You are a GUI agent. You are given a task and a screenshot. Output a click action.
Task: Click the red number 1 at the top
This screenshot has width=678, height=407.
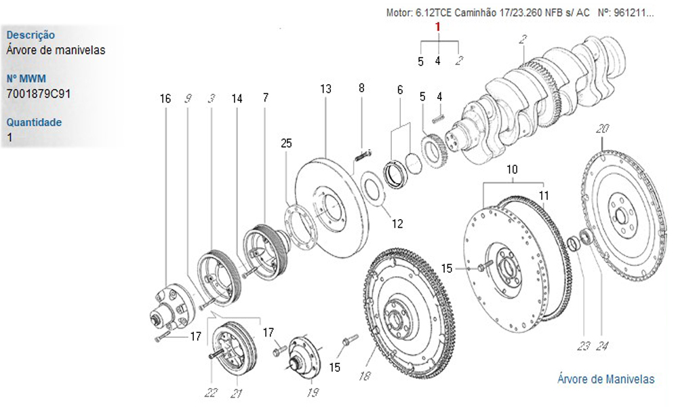(437, 27)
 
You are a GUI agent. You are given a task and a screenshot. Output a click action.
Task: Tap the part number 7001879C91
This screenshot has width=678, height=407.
(39, 94)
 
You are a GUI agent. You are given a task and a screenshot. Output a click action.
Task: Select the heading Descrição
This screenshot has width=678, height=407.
(31, 35)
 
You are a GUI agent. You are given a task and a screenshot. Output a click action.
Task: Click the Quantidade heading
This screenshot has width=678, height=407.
(34, 122)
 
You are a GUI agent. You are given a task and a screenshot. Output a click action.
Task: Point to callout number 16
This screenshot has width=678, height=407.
(165, 98)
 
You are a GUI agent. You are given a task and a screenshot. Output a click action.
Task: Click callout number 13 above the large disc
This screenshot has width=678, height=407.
(325, 89)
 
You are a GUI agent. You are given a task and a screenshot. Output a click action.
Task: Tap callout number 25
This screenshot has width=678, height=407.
(286, 143)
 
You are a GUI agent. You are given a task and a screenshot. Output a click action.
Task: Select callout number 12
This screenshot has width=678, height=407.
(397, 224)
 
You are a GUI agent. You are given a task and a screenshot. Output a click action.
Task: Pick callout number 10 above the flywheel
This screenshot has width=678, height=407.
(512, 169)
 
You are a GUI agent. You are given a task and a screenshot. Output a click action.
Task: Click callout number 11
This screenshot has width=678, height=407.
(544, 195)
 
